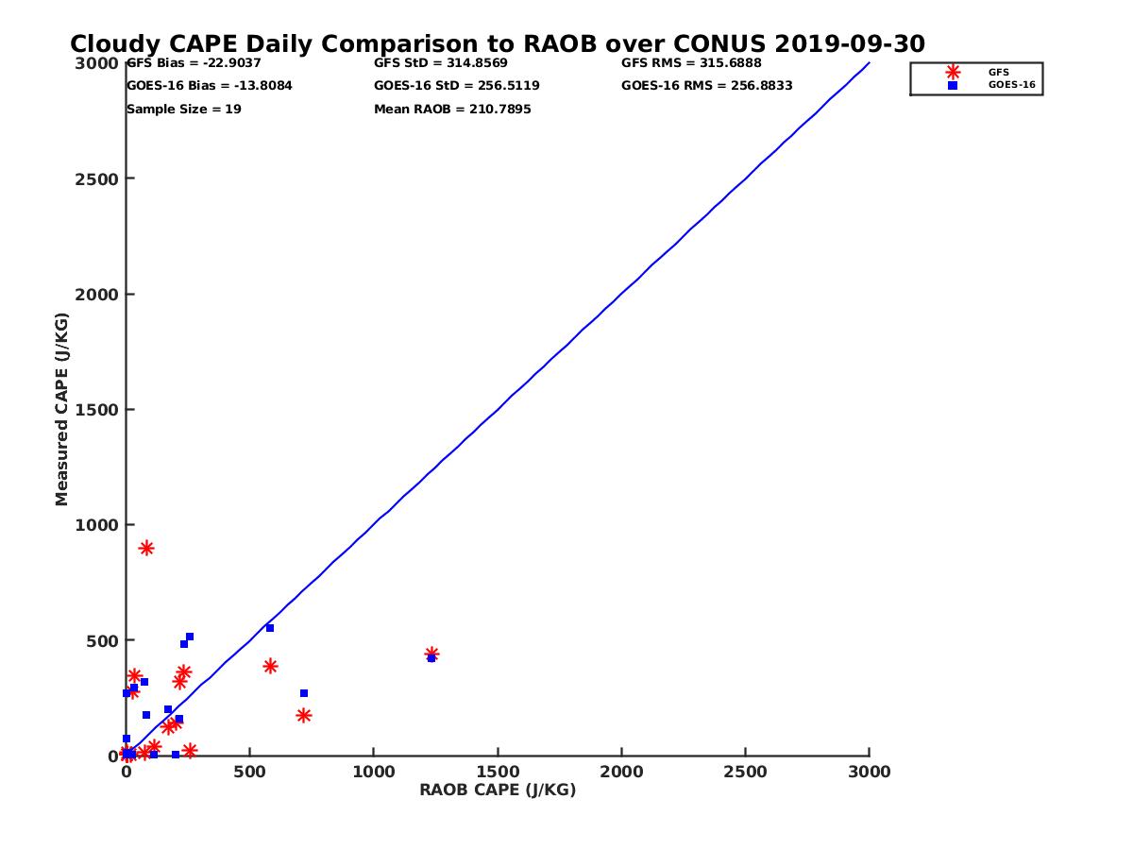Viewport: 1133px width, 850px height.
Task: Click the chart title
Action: (x=498, y=44)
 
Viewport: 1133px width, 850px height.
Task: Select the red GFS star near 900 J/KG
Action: (x=146, y=548)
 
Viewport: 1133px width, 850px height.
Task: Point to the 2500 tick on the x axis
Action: (x=746, y=772)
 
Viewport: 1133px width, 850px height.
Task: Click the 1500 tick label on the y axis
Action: (x=97, y=410)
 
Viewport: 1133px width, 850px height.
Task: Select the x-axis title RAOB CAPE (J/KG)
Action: (x=498, y=790)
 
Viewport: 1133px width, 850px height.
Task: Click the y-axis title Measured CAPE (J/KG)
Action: (x=62, y=409)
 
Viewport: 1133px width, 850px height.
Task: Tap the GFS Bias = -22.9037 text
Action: (x=194, y=63)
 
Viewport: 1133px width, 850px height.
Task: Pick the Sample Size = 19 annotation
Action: (x=184, y=109)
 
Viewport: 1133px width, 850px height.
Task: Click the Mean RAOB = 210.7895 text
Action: (x=452, y=109)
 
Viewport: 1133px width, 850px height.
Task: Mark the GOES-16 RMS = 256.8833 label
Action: (x=706, y=86)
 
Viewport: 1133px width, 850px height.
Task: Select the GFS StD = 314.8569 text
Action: (x=441, y=63)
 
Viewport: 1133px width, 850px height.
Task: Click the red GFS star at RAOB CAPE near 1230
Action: (x=431, y=654)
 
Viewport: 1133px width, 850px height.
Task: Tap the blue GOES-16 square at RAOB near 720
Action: (x=304, y=693)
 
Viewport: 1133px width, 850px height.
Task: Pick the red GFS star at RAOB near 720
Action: (x=304, y=715)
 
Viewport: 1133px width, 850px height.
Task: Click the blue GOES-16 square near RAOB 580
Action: (x=270, y=628)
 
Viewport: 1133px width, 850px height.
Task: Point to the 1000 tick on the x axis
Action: (x=374, y=772)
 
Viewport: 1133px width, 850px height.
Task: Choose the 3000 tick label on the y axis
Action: (x=97, y=63)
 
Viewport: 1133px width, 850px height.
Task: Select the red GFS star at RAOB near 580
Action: (x=270, y=666)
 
